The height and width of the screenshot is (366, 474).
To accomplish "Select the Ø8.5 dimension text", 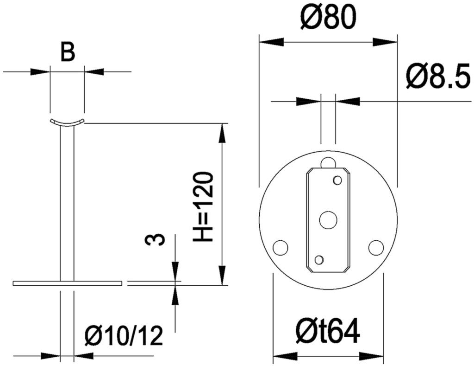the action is [x=438, y=76].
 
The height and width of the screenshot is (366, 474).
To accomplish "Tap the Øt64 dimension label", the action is [x=328, y=331].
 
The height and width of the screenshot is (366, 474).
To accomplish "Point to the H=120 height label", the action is [x=204, y=207].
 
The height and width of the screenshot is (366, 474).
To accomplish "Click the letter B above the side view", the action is [x=68, y=52].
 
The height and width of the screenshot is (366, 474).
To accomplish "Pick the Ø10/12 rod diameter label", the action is [x=124, y=336].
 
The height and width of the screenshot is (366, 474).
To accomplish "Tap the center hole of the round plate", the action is [x=328, y=220].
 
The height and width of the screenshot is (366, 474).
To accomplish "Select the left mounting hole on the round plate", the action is [x=281, y=247].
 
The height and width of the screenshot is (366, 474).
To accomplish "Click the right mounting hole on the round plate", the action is [x=376, y=247].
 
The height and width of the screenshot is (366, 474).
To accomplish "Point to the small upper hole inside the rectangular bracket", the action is [x=337, y=180].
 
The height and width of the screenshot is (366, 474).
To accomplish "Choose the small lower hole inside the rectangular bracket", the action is [x=319, y=259].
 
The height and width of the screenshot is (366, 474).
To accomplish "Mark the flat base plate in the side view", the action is [x=68, y=283].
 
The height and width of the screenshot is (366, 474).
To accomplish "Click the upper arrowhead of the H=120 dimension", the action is [x=222, y=132].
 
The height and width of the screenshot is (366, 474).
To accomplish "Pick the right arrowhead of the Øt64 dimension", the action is [x=372, y=356].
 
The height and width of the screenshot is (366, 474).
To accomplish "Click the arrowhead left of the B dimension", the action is [x=40, y=72].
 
